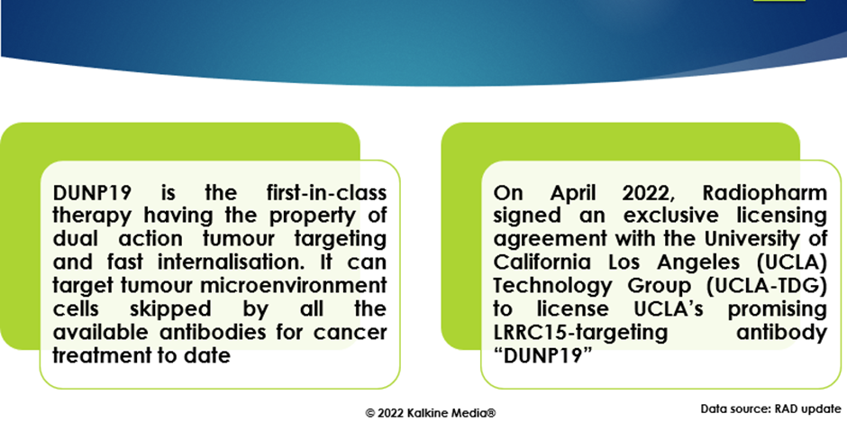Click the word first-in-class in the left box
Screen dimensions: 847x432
pos(327,192)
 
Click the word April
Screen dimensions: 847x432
pos(574,193)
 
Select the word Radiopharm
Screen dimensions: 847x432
pos(764,193)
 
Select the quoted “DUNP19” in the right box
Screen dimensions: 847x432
pos(540,355)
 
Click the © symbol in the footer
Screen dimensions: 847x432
pos(370,414)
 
